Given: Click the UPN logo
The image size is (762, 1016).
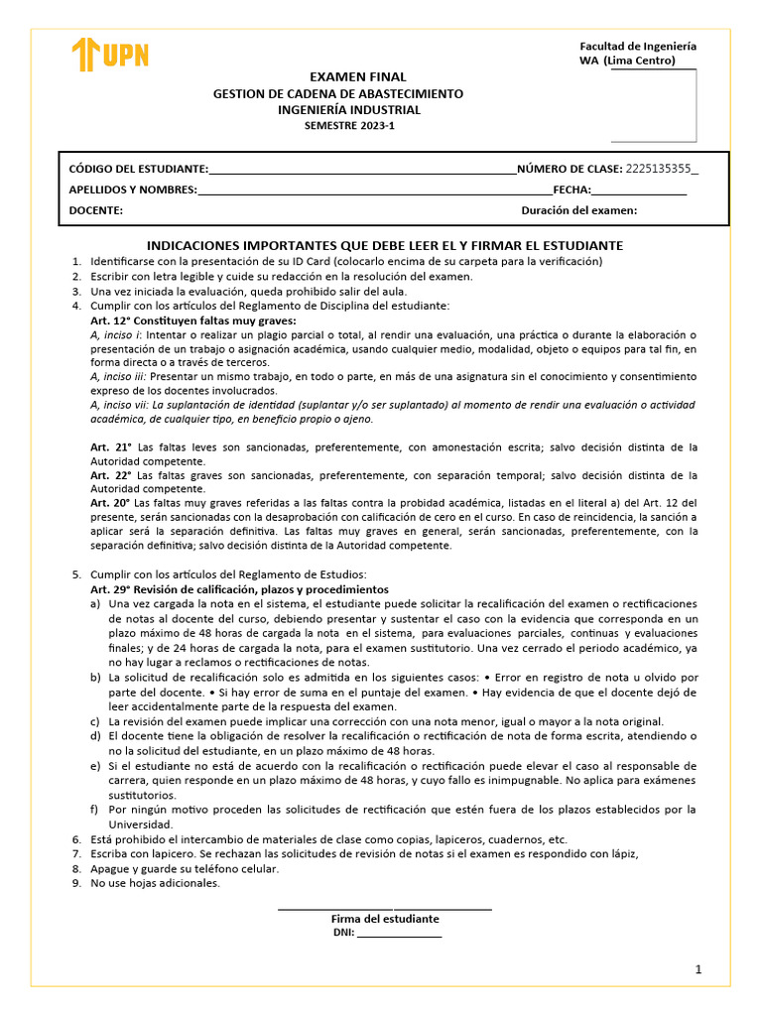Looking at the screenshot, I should coord(110,55).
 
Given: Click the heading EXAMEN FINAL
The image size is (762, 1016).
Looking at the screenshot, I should coord(344,76).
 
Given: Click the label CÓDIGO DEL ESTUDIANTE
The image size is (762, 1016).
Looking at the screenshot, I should coord(138,168).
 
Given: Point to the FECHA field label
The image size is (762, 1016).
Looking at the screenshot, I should coord(571,190).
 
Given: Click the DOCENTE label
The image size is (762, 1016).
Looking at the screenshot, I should coord(95,210).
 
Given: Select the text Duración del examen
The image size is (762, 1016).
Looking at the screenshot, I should coord(578,210).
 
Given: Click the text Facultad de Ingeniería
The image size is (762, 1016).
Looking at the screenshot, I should coord(637,46).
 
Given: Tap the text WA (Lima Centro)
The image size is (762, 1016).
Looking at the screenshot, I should coord(626,61).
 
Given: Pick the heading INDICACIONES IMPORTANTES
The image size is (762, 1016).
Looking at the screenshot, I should coord(384,244).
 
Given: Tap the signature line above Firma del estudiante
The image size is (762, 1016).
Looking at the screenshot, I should coord(384,908).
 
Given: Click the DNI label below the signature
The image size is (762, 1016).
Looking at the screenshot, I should coord(343,933).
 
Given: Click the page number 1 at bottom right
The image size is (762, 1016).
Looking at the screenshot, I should coord(698,970).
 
